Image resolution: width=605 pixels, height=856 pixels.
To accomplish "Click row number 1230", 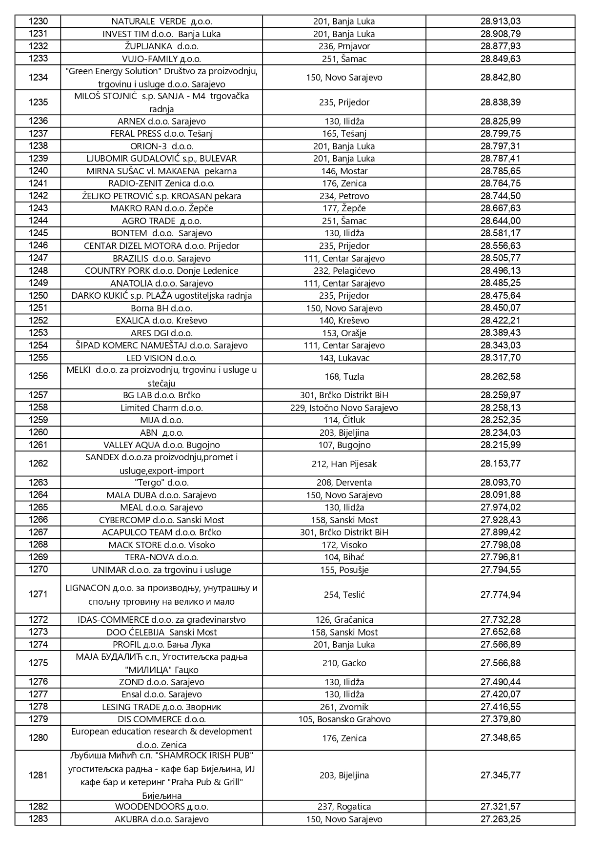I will pyautogui.click(x=38, y=21).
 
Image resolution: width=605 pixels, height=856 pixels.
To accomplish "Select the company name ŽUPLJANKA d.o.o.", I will pyautogui.click(x=161, y=46).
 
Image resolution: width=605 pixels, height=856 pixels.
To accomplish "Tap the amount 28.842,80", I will pyautogui.click(x=500, y=78).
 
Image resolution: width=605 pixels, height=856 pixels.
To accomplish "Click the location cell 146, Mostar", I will pyautogui.click(x=344, y=171).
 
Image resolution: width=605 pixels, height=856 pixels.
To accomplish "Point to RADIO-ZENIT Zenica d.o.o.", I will pyautogui.click(x=161, y=183).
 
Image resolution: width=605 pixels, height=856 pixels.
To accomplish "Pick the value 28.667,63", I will pyautogui.click(x=500, y=208).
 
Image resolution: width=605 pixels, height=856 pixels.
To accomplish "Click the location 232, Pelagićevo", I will pyautogui.click(x=344, y=271).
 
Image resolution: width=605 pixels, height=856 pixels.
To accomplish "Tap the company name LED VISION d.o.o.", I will pyautogui.click(x=161, y=358).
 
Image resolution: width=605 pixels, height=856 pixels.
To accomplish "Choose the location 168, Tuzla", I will pyautogui.click(x=344, y=377).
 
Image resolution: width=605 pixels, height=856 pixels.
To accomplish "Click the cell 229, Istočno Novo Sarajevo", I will pyautogui.click(x=344, y=408).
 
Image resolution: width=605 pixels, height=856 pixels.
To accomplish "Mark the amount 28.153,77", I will pyautogui.click(x=500, y=464).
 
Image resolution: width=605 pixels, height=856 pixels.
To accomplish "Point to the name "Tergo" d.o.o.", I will pyautogui.click(x=161, y=483).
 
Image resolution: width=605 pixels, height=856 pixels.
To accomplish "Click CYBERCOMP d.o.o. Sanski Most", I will pyautogui.click(x=161, y=520).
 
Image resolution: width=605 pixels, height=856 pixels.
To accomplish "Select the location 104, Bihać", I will pyautogui.click(x=344, y=557).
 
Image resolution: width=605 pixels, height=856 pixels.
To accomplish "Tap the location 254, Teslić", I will pyautogui.click(x=344, y=595).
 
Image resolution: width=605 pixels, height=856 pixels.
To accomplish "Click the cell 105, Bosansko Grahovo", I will pyautogui.click(x=344, y=719).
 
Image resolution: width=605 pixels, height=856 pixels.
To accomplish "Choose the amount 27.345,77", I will pyautogui.click(x=500, y=775).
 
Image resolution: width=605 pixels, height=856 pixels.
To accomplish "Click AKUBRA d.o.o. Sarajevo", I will pyautogui.click(x=161, y=819).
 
